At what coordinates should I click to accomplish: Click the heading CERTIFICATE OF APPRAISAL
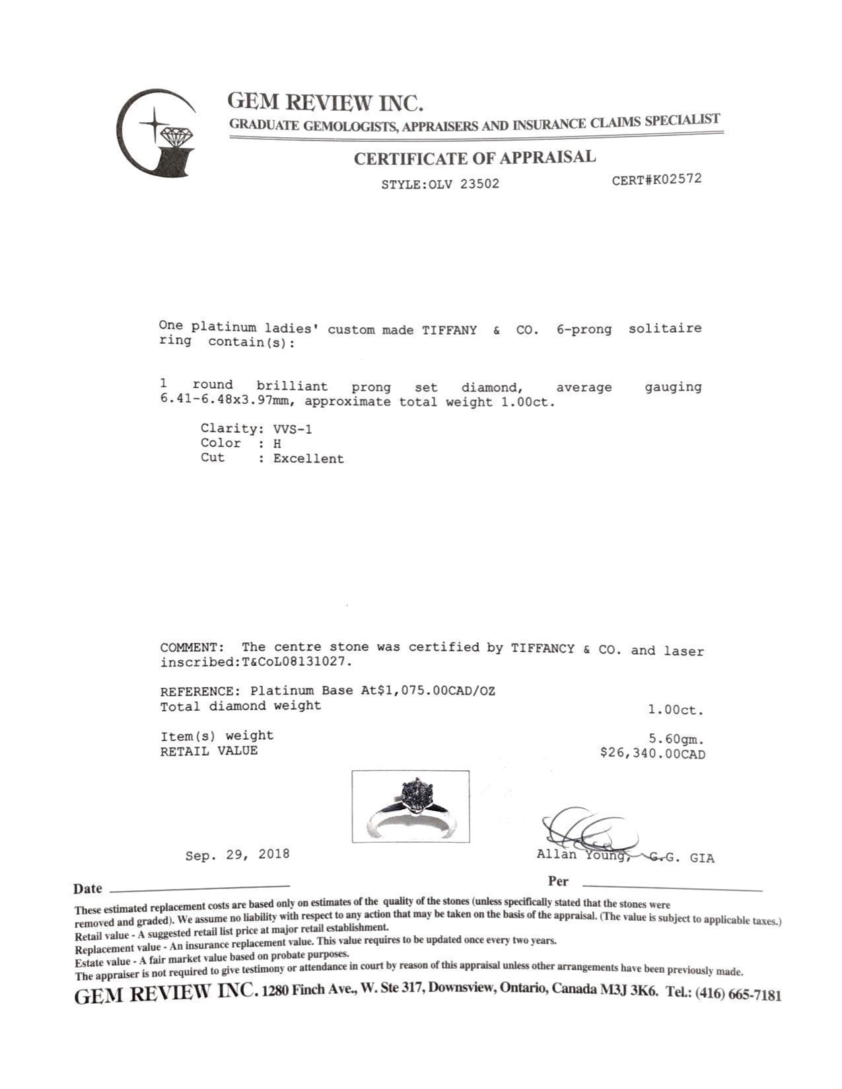(474, 158)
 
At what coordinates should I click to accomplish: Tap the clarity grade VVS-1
(293, 429)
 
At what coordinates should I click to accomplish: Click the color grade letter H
(277, 444)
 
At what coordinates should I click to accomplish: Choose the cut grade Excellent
(308, 459)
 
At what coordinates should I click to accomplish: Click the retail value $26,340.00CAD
(652, 754)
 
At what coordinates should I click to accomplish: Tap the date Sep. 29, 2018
(237, 854)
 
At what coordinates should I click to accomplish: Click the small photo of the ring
(410, 806)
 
